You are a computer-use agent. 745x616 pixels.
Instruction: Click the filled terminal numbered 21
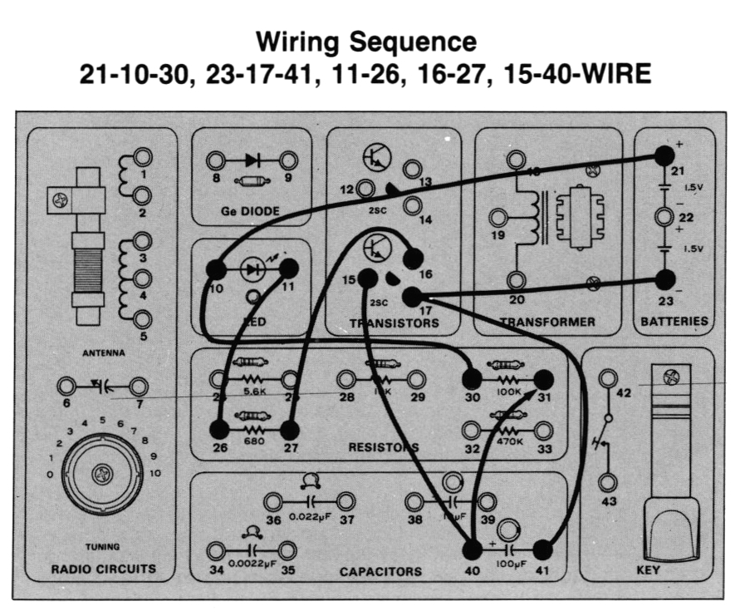pos(663,155)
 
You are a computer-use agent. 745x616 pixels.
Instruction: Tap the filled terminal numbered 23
pos(664,279)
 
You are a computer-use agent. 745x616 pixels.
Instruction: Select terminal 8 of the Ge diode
pos(215,160)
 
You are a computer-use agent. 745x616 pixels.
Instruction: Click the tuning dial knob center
pos(102,474)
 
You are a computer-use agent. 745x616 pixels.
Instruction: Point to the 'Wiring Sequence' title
pos(366,41)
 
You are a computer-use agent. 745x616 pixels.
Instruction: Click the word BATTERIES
pos(674,321)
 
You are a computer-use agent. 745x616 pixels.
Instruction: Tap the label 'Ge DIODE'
pos(250,211)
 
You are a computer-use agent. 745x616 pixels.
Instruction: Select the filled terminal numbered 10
pos(215,269)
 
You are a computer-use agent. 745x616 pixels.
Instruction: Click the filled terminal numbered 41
pos(542,549)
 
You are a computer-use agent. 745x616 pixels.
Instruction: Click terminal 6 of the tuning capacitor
pos(66,386)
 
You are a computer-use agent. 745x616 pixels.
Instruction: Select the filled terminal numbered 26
pos(219,430)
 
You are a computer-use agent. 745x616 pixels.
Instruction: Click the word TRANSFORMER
pos(547,322)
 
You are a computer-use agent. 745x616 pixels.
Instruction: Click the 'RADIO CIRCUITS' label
pos(102,570)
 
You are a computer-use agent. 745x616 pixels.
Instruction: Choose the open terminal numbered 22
pos(664,218)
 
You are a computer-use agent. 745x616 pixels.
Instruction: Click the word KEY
pos(648,571)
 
